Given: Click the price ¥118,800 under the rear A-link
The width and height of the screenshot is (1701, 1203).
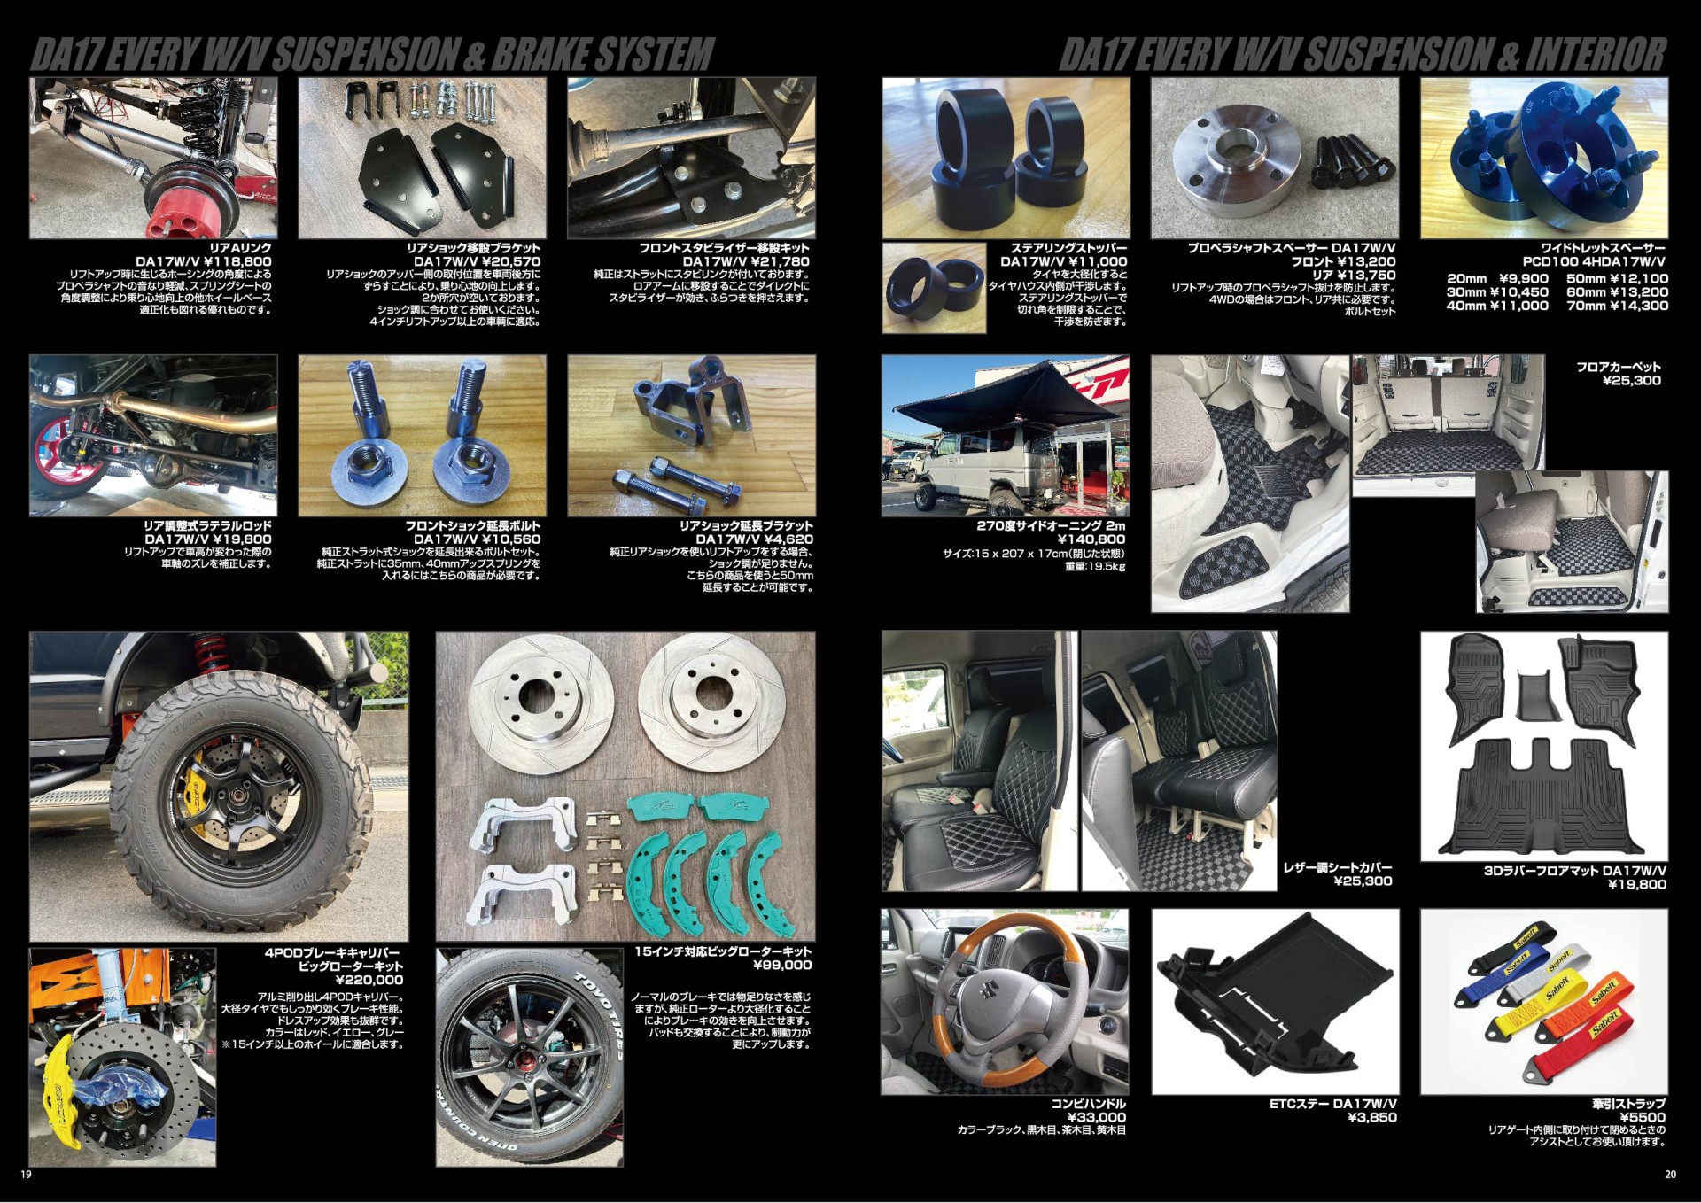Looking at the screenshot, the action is coord(238,261).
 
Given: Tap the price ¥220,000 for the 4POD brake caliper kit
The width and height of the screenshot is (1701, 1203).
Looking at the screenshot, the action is coord(369,980).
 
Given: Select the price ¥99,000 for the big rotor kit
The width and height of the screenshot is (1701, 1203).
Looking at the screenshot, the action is coord(782,965).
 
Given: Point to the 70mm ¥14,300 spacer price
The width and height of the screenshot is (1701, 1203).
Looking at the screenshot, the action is coord(1617,306).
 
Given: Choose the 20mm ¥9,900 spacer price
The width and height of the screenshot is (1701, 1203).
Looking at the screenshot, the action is coord(1497,278).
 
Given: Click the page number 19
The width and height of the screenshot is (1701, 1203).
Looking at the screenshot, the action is coord(27,1175).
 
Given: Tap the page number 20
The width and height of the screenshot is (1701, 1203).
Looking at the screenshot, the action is coord(1671,1175).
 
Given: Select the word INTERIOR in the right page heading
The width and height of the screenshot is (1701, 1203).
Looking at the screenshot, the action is coord(1595,54).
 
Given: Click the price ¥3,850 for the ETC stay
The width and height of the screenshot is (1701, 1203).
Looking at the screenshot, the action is coord(1372,1117).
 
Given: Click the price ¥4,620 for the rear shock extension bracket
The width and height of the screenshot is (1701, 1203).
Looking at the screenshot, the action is coord(781,539).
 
